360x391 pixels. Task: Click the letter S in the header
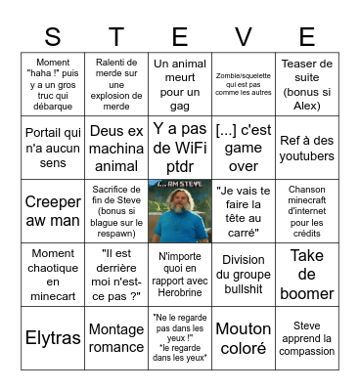[53, 37]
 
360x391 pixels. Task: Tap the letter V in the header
[243, 37]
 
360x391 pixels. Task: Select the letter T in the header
[116, 37]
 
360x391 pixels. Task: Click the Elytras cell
[53, 339]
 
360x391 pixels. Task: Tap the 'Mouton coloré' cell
[243, 339]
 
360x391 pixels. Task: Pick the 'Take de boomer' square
[306, 275]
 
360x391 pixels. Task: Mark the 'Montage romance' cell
[116, 339]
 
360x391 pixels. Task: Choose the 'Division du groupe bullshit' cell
[243, 275]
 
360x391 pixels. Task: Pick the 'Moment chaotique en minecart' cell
[53, 275]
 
